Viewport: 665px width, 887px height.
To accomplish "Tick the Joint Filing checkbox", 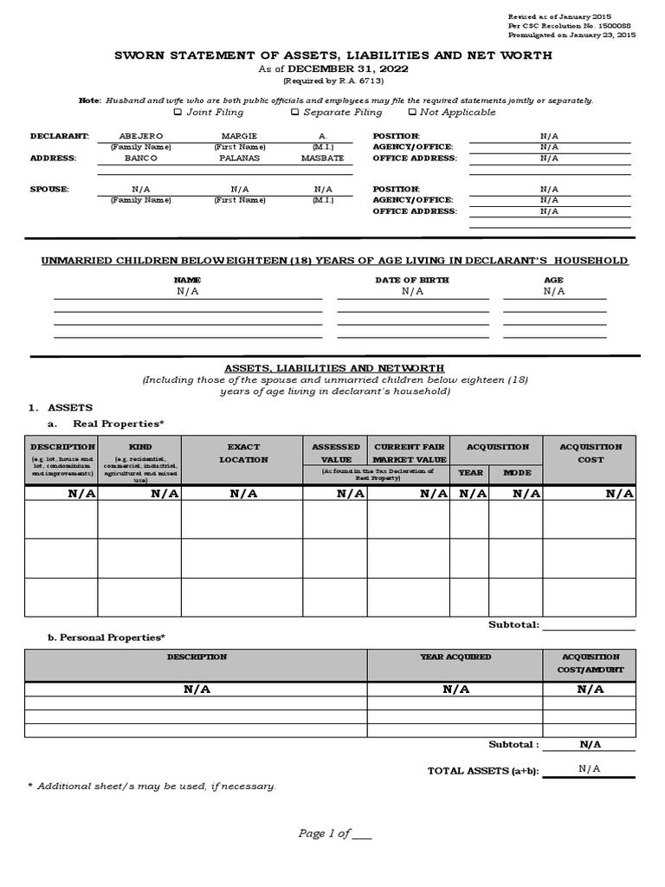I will pos(178,112).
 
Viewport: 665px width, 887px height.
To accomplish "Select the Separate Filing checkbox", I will pos(295,112).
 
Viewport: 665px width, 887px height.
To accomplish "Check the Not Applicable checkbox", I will pos(412,112).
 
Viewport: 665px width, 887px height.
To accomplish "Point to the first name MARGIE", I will pos(240,136).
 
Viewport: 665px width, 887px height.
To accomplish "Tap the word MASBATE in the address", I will pos(322,159).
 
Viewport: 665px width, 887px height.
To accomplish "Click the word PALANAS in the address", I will pos(240,159).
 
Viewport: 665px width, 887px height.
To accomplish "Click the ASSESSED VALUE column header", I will pos(335,453).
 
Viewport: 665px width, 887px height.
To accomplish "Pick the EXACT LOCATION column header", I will pos(242,453).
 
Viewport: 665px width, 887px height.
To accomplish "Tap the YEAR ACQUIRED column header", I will pos(455,657).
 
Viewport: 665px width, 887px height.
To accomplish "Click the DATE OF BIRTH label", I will pos(412,280).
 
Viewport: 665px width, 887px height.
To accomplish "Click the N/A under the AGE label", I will pos(554,292).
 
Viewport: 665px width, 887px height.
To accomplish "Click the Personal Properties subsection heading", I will pos(106,638).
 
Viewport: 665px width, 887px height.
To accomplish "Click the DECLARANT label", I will pos(60,136).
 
